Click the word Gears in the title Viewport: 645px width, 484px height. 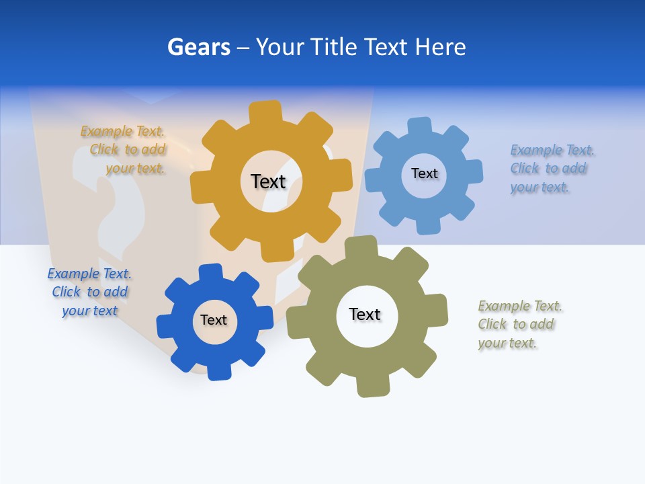click(199, 47)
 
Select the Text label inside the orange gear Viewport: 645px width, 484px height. click(268, 182)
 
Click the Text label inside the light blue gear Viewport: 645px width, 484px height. click(424, 173)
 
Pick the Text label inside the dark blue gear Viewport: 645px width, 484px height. click(214, 320)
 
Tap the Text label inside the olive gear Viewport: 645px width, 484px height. click(365, 314)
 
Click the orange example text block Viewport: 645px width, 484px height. click(124, 150)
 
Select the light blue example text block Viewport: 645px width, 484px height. click(551, 169)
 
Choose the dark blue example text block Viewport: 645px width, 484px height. click(89, 292)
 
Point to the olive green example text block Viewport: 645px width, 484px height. click(519, 325)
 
